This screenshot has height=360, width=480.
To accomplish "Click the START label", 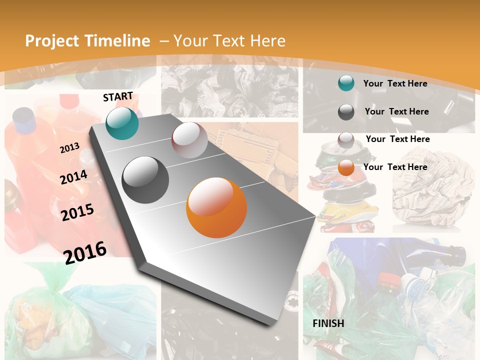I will (x=118, y=96).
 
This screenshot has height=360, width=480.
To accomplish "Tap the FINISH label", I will (x=328, y=323).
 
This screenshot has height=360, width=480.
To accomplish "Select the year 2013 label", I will (x=69, y=148).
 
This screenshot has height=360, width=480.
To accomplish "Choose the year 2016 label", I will (x=85, y=252).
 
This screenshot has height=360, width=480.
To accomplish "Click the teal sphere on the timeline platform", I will (x=122, y=123).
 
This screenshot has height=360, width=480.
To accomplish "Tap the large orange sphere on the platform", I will (x=216, y=207).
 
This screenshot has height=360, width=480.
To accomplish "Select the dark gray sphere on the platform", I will (x=145, y=180).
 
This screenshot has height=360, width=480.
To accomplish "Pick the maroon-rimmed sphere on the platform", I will (x=189, y=140).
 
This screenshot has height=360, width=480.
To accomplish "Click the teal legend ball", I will (x=346, y=83).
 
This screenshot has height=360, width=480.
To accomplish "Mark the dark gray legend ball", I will (x=346, y=112).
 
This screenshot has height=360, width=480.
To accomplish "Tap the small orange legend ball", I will (x=346, y=168).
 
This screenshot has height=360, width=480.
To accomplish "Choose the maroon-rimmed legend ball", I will (x=346, y=140).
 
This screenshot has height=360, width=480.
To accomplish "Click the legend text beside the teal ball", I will (x=395, y=83).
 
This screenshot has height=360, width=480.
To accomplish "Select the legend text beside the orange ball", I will (x=395, y=167).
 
